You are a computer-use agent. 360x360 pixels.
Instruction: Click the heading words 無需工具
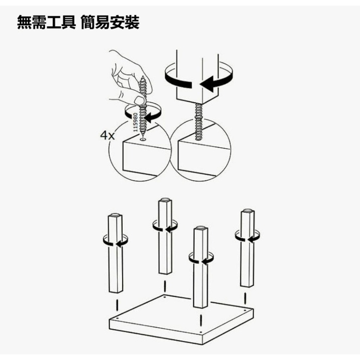pyautogui.click(x=46, y=22)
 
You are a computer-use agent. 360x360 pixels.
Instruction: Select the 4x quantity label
pyautogui.click(x=107, y=136)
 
